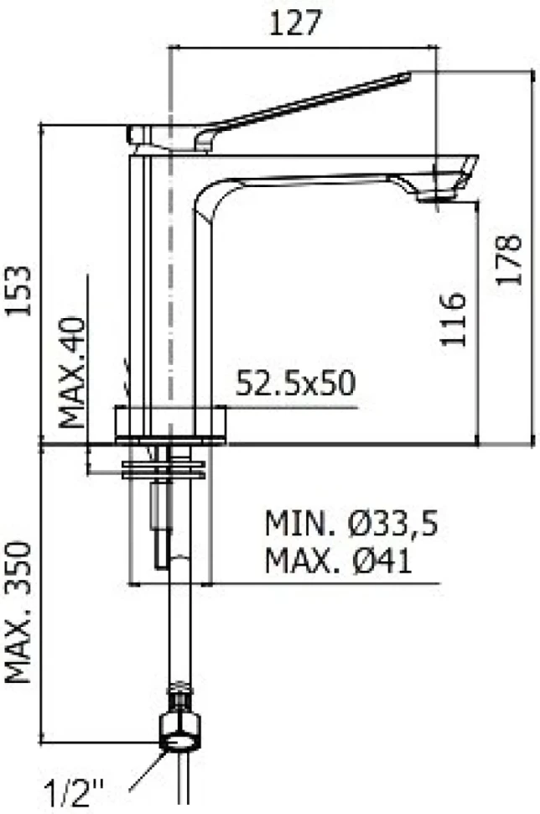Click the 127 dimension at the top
click(296, 23)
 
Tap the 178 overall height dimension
click(508, 259)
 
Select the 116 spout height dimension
click(453, 319)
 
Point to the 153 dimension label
click(19, 290)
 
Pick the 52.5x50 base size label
click(296, 384)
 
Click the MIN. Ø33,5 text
click(351, 524)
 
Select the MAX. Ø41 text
click(338, 560)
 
